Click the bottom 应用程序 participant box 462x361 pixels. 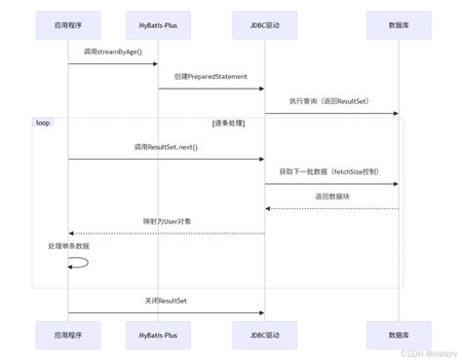(x=68, y=336)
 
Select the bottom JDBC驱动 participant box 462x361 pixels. (x=264, y=336)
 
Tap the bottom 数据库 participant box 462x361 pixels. (x=398, y=336)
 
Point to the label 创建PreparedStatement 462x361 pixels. (x=211, y=76)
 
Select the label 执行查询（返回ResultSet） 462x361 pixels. (x=330, y=100)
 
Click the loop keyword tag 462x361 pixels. (x=44, y=124)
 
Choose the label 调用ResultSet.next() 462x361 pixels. (x=166, y=147)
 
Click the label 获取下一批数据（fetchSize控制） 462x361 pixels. (x=330, y=171)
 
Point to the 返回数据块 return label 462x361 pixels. (x=330, y=196)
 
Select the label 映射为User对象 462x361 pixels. (x=166, y=221)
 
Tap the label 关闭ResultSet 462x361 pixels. (x=166, y=302)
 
